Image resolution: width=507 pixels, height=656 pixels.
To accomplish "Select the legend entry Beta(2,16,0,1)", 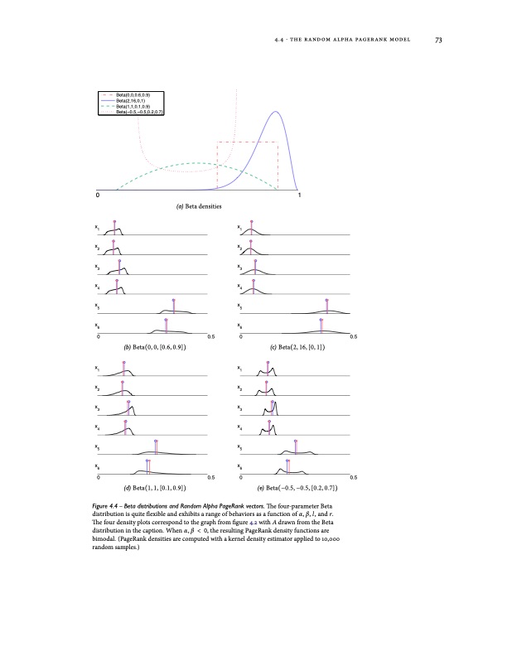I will click(132, 101).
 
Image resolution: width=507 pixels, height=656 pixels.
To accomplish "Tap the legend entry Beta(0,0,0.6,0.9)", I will click(135, 95).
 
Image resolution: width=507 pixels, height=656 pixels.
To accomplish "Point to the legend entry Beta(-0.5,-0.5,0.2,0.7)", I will click(139, 112).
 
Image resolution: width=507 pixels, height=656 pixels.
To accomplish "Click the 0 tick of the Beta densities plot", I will click(97, 196).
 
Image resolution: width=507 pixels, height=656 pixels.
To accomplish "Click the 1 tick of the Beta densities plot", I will click(299, 196).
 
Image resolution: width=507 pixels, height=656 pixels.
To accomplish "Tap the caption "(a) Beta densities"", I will click(198, 206).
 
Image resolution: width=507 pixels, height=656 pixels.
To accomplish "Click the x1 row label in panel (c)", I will click(239, 227).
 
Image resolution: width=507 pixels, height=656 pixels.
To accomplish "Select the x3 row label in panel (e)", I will click(239, 408).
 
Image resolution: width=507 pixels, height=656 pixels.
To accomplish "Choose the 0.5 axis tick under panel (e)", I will click(353, 479).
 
